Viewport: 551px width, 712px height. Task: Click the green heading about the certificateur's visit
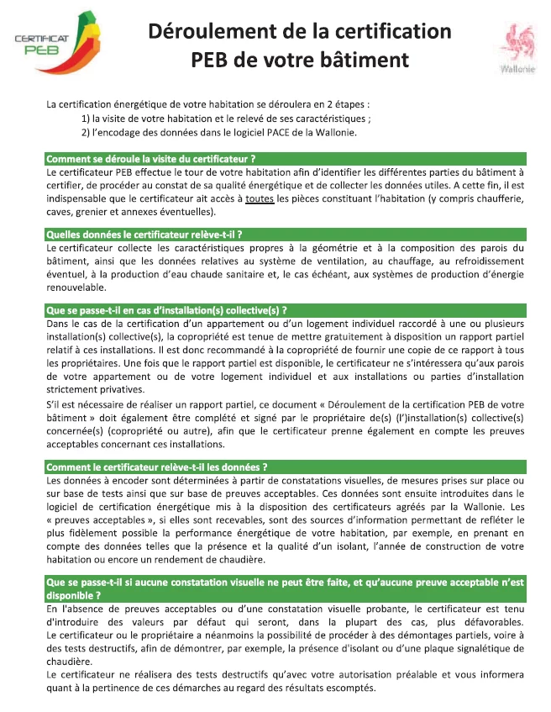[151, 158]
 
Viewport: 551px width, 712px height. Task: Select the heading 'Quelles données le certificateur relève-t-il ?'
[144, 234]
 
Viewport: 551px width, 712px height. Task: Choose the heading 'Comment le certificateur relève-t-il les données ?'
[157, 467]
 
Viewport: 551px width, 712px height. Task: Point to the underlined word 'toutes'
[260, 199]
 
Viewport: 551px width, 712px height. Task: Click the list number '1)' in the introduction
[86, 119]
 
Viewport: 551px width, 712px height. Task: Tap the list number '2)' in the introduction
[86, 133]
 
